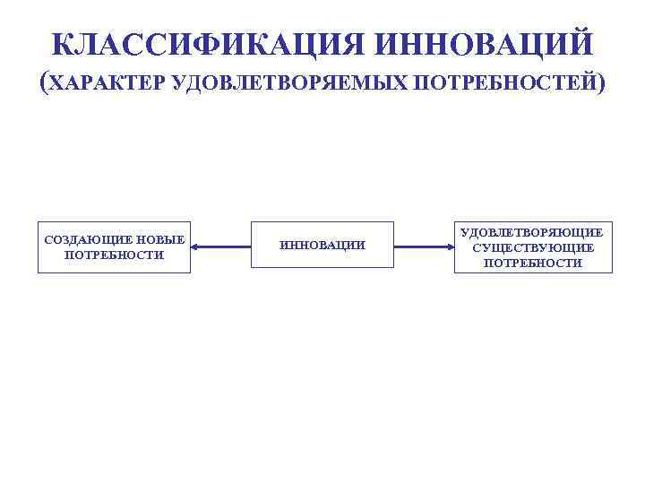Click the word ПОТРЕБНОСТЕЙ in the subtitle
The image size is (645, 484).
(x=502, y=83)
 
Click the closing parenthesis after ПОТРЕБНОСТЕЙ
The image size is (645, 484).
(x=598, y=83)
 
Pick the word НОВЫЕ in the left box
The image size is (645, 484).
(x=161, y=239)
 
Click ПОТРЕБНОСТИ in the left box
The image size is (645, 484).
(x=115, y=255)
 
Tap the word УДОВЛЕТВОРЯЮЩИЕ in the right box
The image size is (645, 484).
(x=533, y=232)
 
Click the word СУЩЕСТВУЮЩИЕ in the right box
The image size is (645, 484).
(x=533, y=247)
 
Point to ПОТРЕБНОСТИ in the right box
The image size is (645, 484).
(x=533, y=263)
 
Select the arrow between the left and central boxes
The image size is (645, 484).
(x=220, y=246)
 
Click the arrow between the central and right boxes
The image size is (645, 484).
(x=424, y=246)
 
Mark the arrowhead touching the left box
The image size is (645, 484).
(x=196, y=246)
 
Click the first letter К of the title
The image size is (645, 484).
(x=62, y=43)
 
